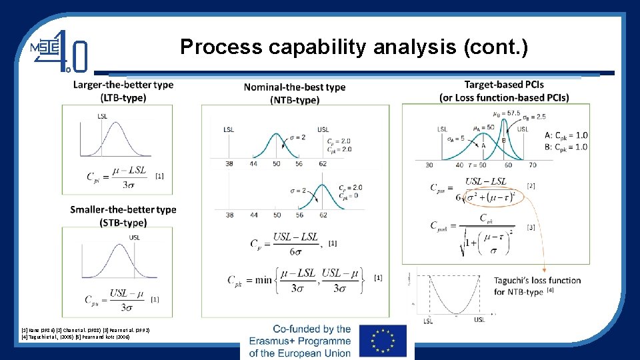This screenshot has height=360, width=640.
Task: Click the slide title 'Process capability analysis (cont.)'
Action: tap(354, 47)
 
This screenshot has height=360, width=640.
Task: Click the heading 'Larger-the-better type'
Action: tap(123, 85)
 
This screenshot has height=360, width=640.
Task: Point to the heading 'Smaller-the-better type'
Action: tap(123, 209)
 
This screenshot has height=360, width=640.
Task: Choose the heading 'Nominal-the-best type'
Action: tap(295, 87)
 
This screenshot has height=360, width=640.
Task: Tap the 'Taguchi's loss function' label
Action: tap(537, 280)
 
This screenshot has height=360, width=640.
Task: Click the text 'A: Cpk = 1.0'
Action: tap(566, 135)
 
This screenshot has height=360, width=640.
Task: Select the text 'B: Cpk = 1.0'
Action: tap(566, 147)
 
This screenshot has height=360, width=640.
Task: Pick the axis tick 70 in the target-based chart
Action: tap(531, 165)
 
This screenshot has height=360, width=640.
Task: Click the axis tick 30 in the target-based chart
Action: tap(429, 165)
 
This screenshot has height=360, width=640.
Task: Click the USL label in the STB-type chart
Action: tap(135, 237)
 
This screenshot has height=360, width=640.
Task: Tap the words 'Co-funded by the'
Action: tap(311, 329)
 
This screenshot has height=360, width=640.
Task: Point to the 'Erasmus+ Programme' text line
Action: tap(300, 341)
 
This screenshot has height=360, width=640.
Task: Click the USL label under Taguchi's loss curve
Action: tap(479, 320)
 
